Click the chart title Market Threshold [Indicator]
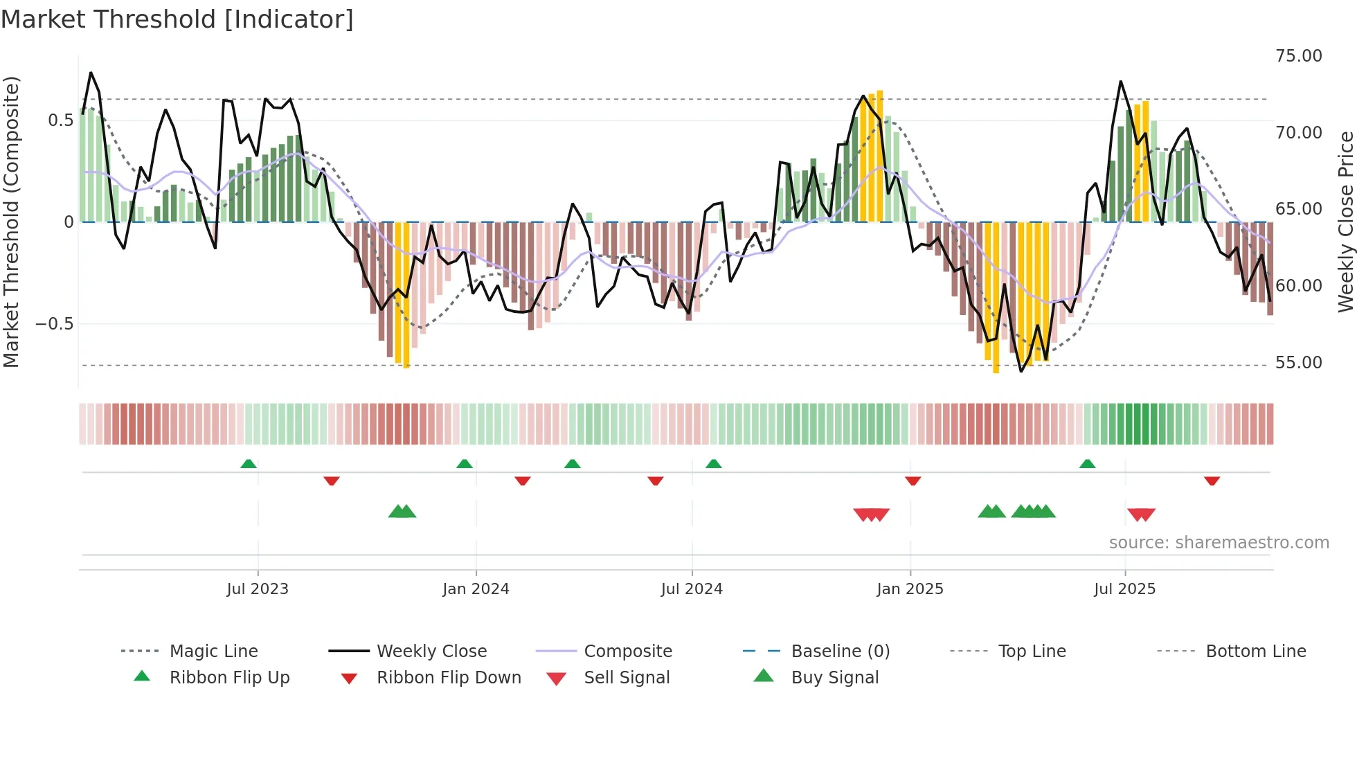point(177,19)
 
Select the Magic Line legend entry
point(213,651)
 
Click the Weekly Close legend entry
point(431,651)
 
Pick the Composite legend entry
point(627,651)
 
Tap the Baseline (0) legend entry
point(840,651)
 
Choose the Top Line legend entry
point(1032,651)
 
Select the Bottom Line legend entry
point(1255,651)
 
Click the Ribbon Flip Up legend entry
point(229,677)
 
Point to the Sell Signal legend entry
point(627,677)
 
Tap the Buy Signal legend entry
point(834,677)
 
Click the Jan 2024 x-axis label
point(476,589)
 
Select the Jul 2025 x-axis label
point(1124,589)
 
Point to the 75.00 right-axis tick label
point(1298,55)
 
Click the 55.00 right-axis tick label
point(1298,362)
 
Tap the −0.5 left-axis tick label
point(54,323)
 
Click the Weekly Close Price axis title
point(1345,222)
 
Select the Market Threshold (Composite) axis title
point(11,222)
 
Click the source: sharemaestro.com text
point(1219,542)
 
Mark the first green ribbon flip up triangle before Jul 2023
point(249,464)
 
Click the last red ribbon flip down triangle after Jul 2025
point(1212,481)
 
